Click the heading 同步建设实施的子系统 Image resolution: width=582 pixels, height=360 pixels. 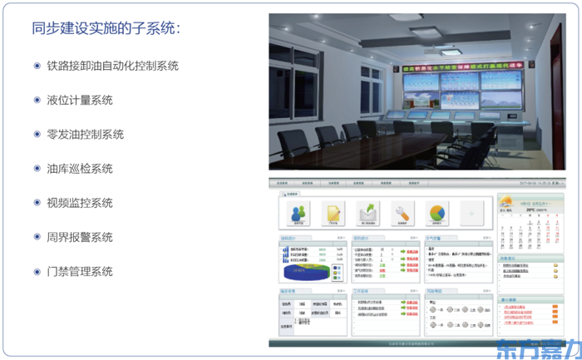[106, 28]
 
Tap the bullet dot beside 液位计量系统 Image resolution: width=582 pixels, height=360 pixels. [37, 100]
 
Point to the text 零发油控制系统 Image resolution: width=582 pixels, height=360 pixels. [85, 134]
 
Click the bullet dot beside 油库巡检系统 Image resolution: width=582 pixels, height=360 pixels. [37, 168]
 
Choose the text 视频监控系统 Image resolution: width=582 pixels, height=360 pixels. [79, 203]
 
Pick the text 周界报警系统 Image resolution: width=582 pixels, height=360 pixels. [79, 237]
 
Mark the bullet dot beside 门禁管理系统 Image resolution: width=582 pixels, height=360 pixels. [37, 271]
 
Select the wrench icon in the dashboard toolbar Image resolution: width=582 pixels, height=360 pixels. [402, 213]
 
